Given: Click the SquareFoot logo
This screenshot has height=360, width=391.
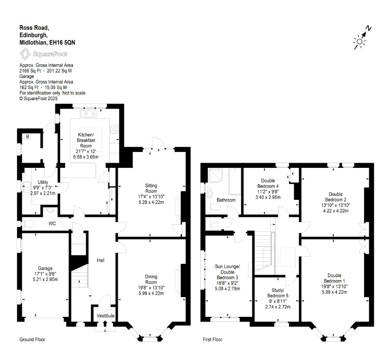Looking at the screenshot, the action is click(44, 54).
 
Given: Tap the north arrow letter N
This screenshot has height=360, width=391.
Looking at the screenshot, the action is click(368, 29).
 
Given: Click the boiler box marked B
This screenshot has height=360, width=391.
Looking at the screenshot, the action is click(27, 137).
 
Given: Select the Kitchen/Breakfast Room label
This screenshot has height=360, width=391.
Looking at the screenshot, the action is click(86, 140).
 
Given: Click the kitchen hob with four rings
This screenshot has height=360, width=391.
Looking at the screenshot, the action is click(114, 129).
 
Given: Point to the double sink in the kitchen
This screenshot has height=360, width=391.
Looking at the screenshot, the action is click(88, 114).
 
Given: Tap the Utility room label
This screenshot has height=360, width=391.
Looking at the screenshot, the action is click(43, 182).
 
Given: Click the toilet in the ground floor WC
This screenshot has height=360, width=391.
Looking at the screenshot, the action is click(29, 223).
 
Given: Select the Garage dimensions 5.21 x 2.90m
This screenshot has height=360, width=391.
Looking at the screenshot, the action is click(45, 279).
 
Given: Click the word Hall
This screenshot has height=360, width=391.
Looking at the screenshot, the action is click(101, 260).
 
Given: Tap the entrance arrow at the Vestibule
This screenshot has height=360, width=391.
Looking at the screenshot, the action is click(105, 323).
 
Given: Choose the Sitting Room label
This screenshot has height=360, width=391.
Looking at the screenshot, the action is click(151, 188).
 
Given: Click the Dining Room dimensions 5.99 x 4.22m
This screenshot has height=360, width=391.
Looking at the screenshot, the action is click(151, 293).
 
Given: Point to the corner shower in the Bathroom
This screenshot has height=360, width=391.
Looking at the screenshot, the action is click(215, 176).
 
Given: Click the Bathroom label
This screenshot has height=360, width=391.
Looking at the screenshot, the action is click(226, 200).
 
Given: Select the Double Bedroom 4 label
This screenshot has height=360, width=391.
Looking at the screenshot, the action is click(268, 183).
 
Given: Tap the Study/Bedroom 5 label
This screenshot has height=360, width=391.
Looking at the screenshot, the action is click(278, 293).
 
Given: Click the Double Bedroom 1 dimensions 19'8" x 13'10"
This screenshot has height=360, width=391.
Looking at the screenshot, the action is click(334, 287).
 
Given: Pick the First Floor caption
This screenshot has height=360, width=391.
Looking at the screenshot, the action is click(213, 340).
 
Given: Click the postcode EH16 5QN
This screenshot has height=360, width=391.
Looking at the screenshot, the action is click(62, 42).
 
